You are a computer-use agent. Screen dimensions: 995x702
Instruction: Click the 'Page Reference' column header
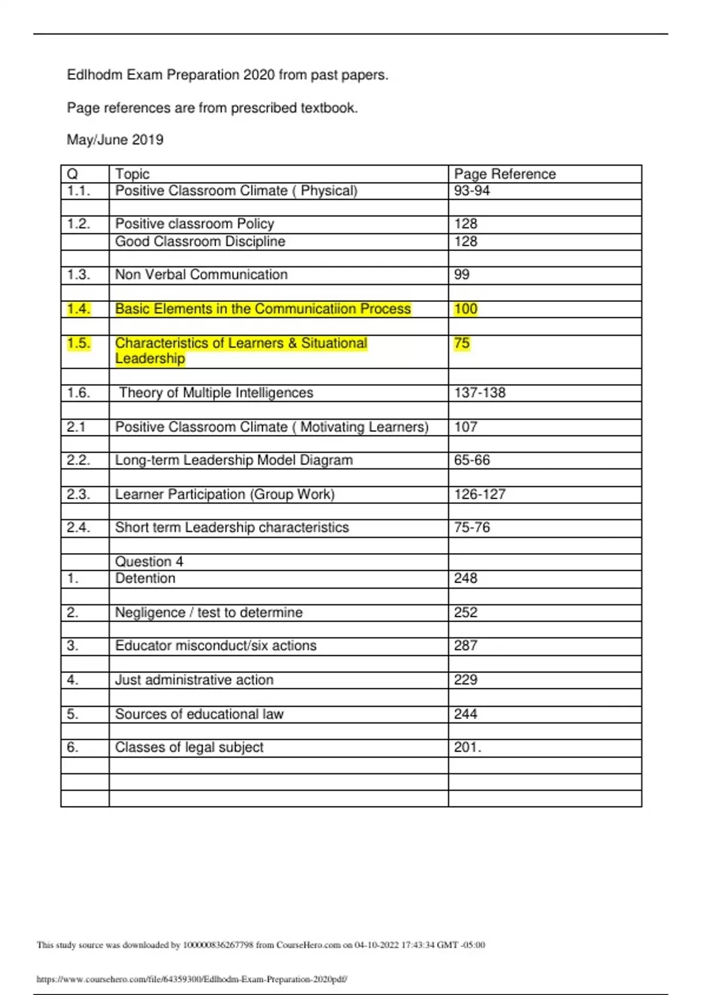pyautogui.click(x=504, y=174)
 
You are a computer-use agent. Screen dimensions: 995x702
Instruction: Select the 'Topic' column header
pyautogui.click(x=132, y=174)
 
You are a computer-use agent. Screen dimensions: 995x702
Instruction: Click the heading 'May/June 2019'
pyautogui.click(x=115, y=140)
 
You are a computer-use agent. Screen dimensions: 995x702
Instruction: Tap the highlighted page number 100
pyautogui.click(x=466, y=309)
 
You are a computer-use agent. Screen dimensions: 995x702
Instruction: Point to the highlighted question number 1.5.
pyautogui.click(x=78, y=343)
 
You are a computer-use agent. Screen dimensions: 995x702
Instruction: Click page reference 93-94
pyautogui.click(x=472, y=191)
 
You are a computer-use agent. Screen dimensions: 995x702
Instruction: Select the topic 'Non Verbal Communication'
pyautogui.click(x=201, y=275)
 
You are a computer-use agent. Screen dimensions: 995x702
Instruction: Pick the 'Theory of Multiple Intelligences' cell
pyautogui.click(x=216, y=393)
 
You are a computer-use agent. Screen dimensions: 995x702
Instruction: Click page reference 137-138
pyautogui.click(x=480, y=393)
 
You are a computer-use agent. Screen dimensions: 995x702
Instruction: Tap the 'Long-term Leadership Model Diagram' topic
pyautogui.click(x=234, y=460)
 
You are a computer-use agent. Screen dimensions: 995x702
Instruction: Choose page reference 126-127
pyautogui.click(x=480, y=495)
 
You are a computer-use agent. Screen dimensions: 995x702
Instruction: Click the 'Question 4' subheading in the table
pyautogui.click(x=149, y=562)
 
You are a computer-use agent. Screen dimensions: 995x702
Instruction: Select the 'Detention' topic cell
pyautogui.click(x=145, y=578)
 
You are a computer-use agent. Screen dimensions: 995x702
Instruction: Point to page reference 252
pyautogui.click(x=466, y=613)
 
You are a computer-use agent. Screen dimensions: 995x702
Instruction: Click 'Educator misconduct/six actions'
pyautogui.click(x=216, y=646)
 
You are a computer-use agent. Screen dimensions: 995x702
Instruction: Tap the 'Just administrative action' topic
pyautogui.click(x=194, y=680)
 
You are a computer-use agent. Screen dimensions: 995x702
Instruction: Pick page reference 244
pyautogui.click(x=466, y=714)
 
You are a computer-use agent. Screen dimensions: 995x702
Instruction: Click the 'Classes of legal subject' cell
pyautogui.click(x=190, y=747)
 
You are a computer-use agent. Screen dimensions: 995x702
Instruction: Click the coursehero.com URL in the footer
pyautogui.click(x=192, y=979)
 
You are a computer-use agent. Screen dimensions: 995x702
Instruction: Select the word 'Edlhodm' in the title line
pyautogui.click(x=95, y=75)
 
